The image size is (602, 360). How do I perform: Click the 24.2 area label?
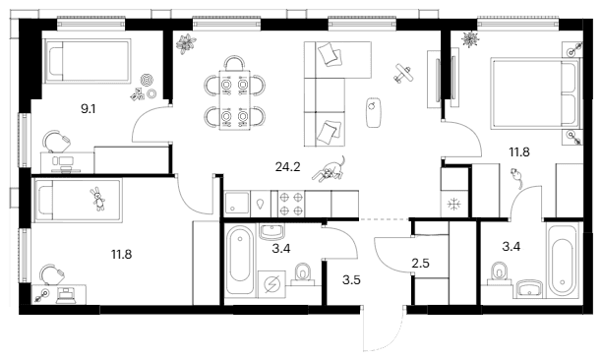[x=287, y=167]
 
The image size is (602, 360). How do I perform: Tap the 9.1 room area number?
[x=88, y=109]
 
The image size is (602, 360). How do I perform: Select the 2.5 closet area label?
[x=420, y=264]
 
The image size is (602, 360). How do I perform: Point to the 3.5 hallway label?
[x=351, y=280]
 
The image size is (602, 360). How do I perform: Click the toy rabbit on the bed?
[x=98, y=199]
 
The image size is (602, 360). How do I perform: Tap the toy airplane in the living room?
[x=403, y=73]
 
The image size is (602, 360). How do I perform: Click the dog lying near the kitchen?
[x=330, y=169]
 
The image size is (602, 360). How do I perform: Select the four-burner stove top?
[x=291, y=205]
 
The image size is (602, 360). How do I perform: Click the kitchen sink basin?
[x=237, y=204]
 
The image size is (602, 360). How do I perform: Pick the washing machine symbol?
[x=272, y=284]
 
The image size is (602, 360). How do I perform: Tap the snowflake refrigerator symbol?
[x=454, y=205]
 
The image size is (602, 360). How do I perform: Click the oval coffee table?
[x=373, y=112]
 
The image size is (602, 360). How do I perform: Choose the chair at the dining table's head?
[x=234, y=63]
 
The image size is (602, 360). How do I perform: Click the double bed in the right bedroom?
[x=535, y=93]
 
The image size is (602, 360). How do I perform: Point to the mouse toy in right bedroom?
[x=516, y=177]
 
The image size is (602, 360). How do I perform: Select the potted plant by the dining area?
[x=186, y=43]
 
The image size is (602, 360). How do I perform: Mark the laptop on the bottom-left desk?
[x=66, y=295]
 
